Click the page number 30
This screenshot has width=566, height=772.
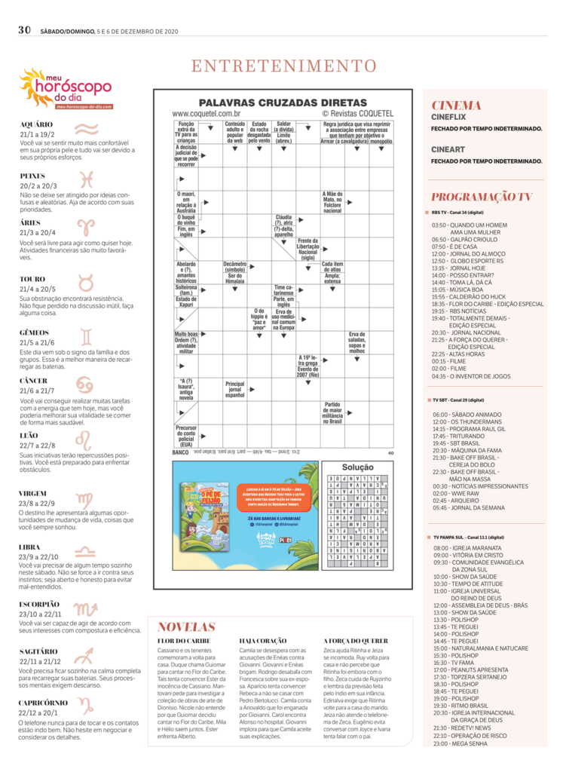pyautogui.click(x=24, y=29)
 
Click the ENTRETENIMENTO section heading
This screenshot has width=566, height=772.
pyautogui.click(x=283, y=66)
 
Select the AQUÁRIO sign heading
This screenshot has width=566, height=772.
pyautogui.click(x=36, y=124)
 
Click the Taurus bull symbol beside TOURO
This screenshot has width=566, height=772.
pyautogui.click(x=87, y=283)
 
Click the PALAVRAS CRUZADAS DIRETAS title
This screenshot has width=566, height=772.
pyautogui.click(x=283, y=102)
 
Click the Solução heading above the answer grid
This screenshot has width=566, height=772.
pyautogui.click(x=358, y=467)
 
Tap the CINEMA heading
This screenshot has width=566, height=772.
pyautogui.click(x=456, y=106)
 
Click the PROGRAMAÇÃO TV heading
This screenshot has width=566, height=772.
pyautogui.click(x=482, y=197)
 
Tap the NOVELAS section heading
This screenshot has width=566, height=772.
pyautogui.click(x=186, y=626)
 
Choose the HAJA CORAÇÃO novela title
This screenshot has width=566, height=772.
pyautogui.click(x=264, y=641)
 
